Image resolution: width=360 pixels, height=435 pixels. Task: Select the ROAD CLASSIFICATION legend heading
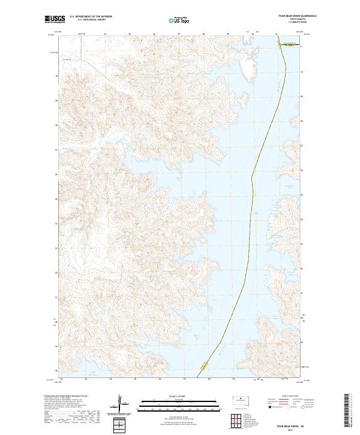coord(290,396)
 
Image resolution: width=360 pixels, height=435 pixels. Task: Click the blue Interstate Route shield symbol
coord(269,407)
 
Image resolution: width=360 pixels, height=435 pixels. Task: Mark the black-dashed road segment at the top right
coord(290,43)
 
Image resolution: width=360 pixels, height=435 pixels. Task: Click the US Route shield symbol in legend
coord(287,407)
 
